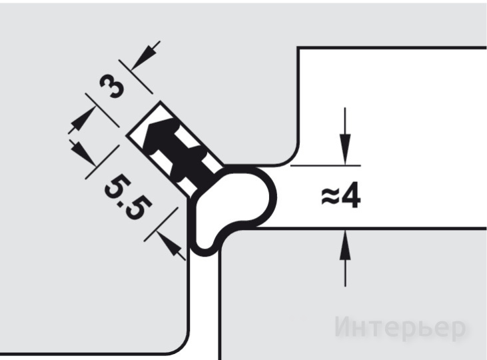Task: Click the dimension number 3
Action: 112,86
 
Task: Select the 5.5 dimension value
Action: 129,198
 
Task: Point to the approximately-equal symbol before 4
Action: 330,197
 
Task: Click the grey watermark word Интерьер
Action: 400,327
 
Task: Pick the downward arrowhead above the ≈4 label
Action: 345,149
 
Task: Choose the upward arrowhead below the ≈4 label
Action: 345,245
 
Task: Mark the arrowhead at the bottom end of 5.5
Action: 169,243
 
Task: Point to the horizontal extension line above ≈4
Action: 326,166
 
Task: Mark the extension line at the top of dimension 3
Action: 136,76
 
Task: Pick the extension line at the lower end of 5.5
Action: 161,225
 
